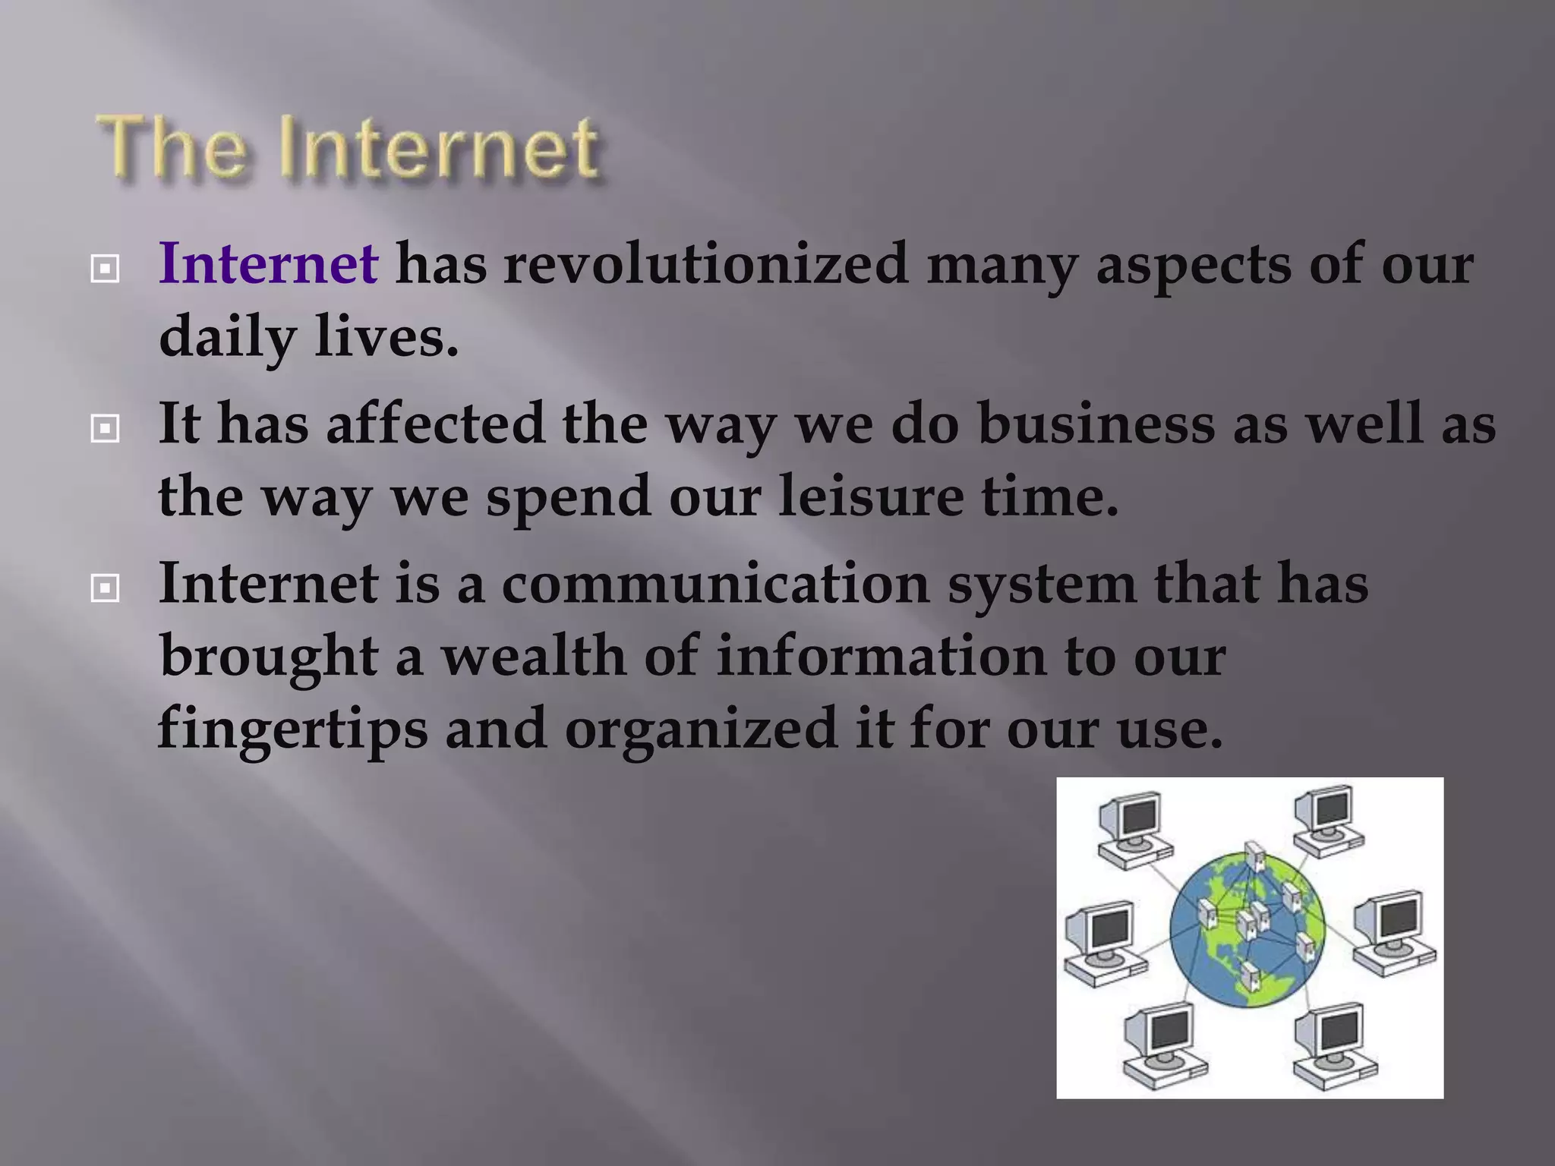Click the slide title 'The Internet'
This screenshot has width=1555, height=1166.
[x=348, y=147]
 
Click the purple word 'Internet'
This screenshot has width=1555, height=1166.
[x=268, y=263]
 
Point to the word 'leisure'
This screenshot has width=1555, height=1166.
[x=870, y=496]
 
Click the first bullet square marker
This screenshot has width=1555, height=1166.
[x=104, y=269]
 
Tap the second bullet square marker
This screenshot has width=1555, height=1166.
[x=104, y=429]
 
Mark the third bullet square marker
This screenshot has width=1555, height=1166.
[x=104, y=588]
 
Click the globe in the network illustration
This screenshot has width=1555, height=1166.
[x=1247, y=929]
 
